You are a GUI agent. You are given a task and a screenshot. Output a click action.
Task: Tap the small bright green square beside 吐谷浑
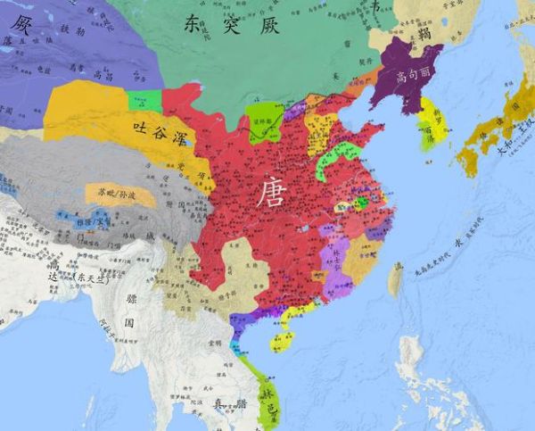(144, 101)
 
